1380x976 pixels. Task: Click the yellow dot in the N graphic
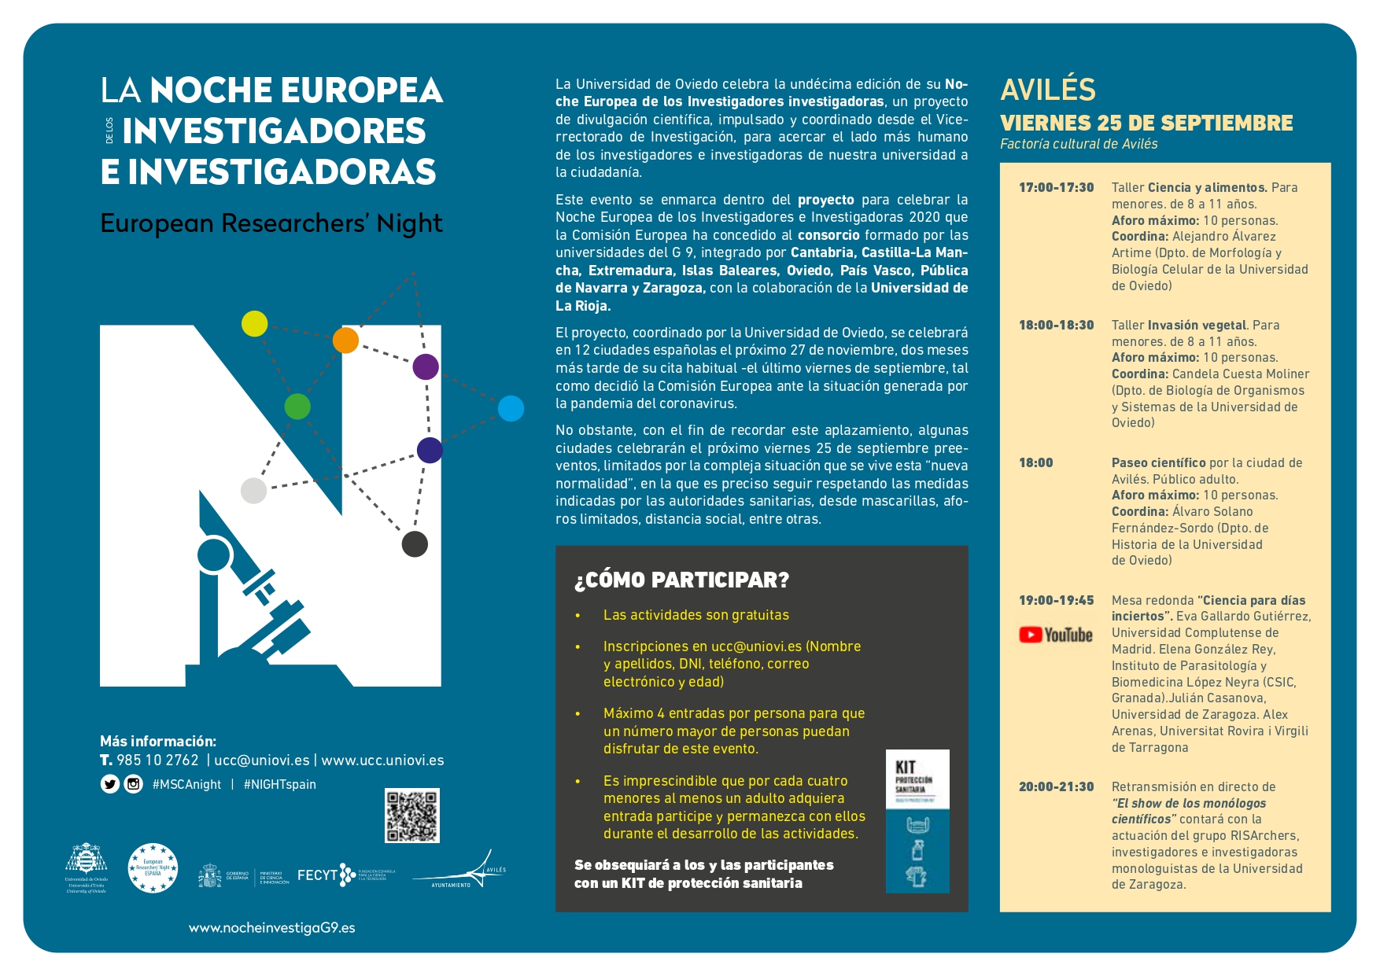[254, 323]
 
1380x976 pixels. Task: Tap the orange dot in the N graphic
[345, 340]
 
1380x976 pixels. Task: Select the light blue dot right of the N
[511, 408]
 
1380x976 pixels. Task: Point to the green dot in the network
[297, 407]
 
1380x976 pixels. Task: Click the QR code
[412, 816]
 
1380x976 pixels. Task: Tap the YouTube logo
[1056, 635]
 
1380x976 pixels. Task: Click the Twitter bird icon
[110, 784]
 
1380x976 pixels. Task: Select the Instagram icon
[134, 784]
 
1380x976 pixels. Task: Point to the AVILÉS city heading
[1048, 90]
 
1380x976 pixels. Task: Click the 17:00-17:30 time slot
[1056, 187]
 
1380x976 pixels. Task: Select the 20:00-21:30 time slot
[1056, 786]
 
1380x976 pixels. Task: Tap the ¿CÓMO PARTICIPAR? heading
[681, 580]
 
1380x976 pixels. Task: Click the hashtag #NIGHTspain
[280, 784]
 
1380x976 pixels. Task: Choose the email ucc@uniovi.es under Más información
[262, 761]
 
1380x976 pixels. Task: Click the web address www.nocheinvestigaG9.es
[271, 928]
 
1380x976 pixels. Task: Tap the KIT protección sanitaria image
[917, 821]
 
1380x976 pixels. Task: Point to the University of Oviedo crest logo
[86, 867]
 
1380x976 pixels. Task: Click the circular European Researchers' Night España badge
[153, 868]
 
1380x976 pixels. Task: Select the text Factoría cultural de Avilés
[1079, 144]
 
